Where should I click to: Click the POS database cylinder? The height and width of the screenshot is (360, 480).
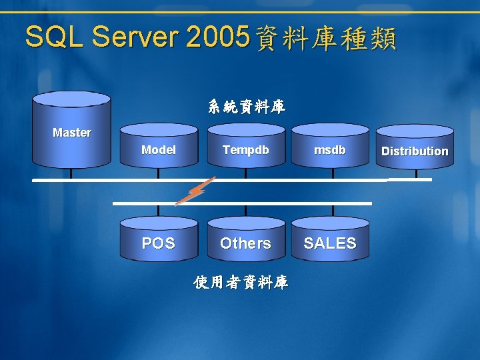point(159,241)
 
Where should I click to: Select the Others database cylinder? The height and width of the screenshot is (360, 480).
point(245,241)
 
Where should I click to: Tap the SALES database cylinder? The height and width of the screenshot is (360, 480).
point(330,241)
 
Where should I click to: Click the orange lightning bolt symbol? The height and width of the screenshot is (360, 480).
point(193,191)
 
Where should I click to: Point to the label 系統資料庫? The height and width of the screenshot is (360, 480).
point(246,107)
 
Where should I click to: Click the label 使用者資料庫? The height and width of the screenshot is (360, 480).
point(241,283)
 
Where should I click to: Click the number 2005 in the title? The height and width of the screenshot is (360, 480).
point(218,37)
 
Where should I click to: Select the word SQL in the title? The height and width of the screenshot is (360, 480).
point(54,37)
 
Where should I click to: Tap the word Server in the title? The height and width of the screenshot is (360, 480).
point(136,37)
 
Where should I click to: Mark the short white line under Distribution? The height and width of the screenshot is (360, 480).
point(410,179)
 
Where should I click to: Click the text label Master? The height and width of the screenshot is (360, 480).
point(72,133)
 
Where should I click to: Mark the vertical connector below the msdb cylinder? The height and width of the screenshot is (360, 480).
point(332,174)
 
